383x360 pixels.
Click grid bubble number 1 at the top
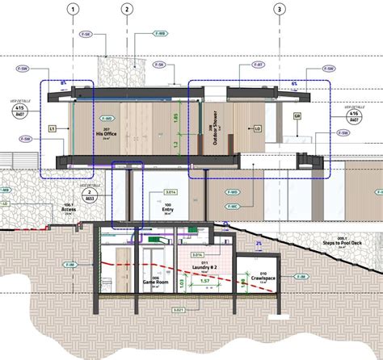pos(74,10)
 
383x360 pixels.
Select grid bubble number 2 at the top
pos(127,10)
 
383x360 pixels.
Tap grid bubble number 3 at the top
pos(280,10)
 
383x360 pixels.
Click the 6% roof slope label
pos(294,83)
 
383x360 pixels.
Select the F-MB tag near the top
pos(160,35)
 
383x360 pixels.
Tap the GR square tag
pos(297,116)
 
